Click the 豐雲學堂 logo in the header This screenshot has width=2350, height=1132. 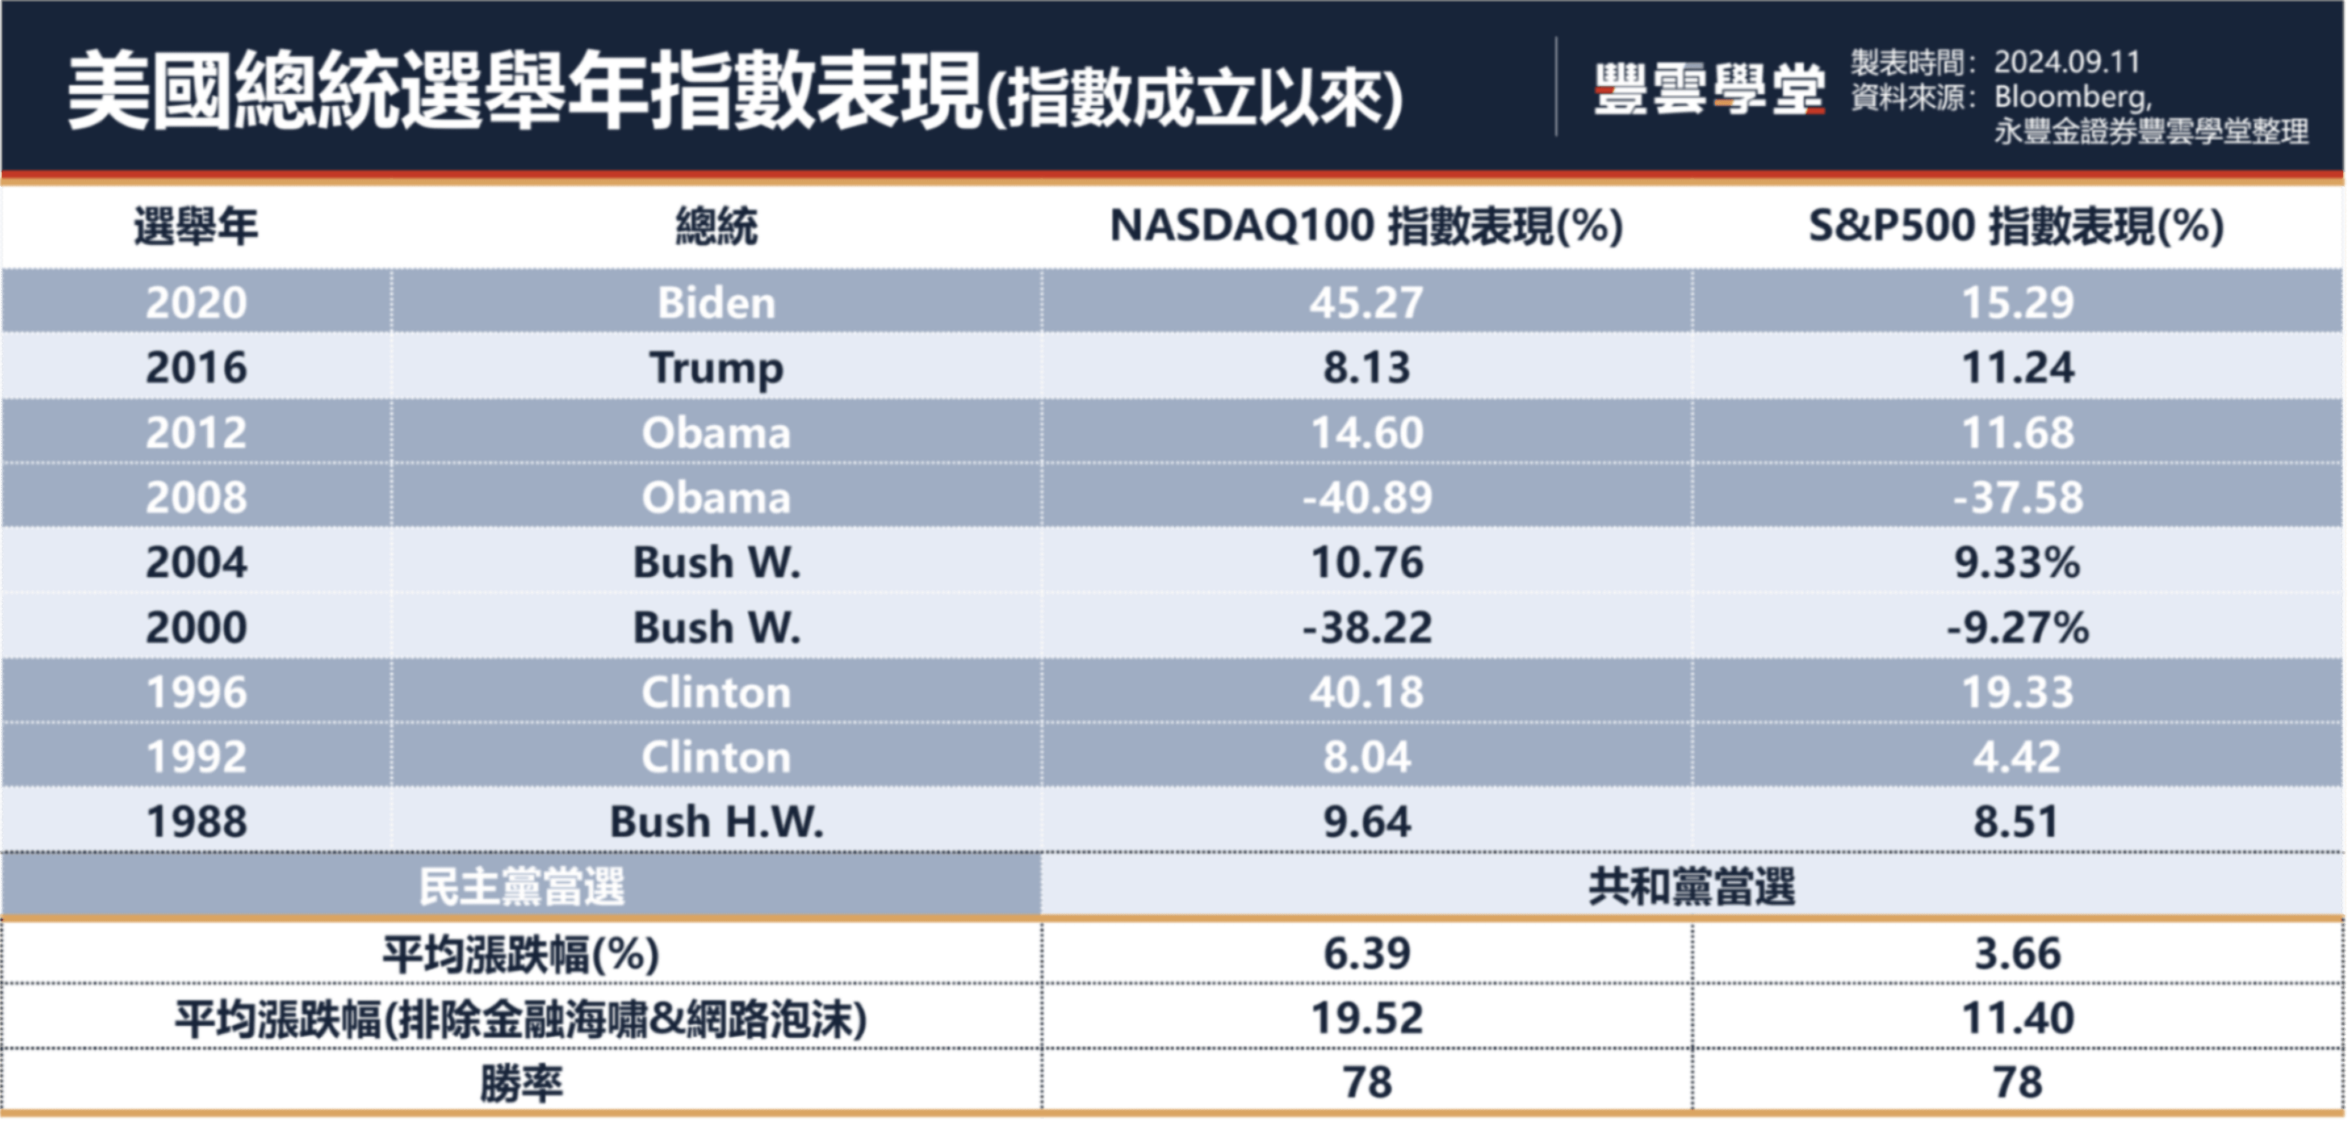click(1708, 89)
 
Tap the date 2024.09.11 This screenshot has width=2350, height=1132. click(2066, 62)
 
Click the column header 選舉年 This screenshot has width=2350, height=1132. click(195, 226)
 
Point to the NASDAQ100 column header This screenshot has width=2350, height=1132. click(1365, 226)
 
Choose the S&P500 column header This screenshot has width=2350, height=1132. click(2016, 226)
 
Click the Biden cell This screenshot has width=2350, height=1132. click(716, 303)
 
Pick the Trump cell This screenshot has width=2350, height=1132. click(716, 368)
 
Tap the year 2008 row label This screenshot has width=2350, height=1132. click(196, 498)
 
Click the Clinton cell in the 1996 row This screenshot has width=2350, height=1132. click(716, 693)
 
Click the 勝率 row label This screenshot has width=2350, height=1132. click(521, 1083)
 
